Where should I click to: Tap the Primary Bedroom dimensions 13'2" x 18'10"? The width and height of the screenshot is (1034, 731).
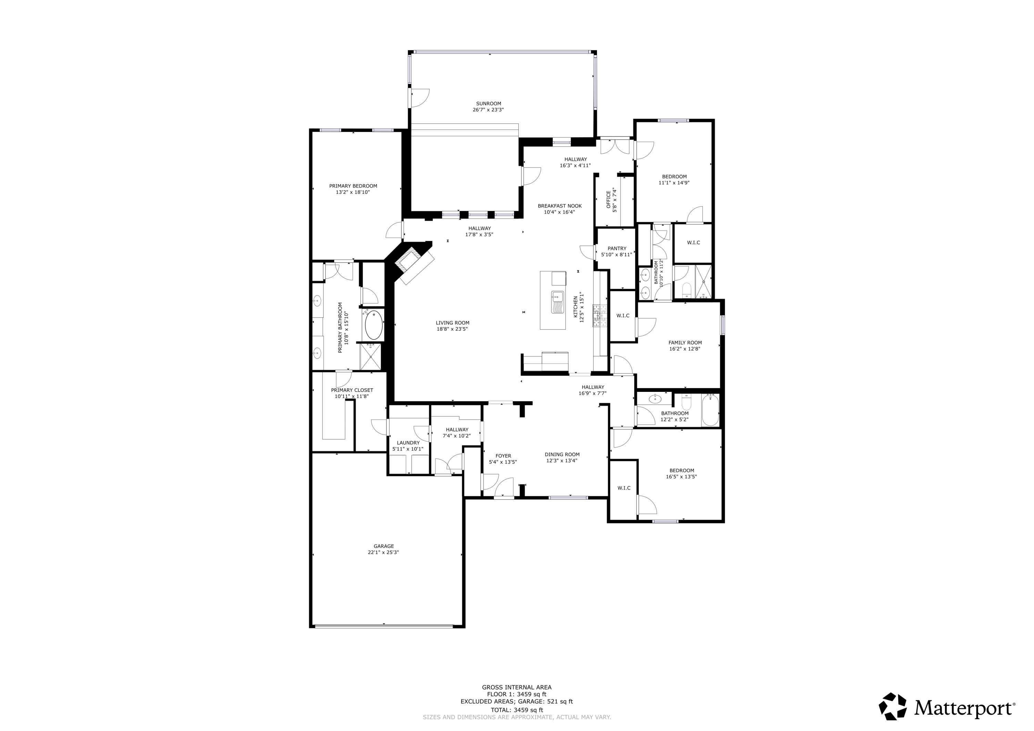click(x=353, y=192)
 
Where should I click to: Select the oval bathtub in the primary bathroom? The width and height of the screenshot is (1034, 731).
click(x=373, y=325)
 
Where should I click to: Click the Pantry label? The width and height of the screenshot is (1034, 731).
click(x=617, y=248)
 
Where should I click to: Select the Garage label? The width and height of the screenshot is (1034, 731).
click(x=383, y=546)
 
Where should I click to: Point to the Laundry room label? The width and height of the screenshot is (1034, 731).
click(x=408, y=443)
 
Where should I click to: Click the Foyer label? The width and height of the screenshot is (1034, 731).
click(x=503, y=456)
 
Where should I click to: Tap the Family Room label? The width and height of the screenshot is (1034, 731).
click(x=685, y=343)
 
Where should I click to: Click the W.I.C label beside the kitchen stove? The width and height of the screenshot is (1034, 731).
click(x=623, y=316)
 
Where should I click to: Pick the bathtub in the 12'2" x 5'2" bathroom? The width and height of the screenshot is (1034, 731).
click(x=710, y=410)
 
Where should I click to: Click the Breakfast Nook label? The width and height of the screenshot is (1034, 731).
click(x=559, y=206)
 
